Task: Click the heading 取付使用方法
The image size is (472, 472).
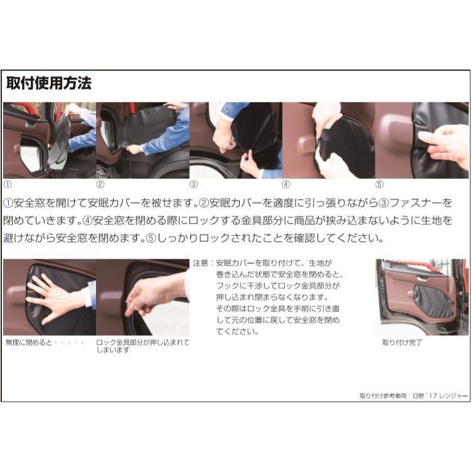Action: click(48, 83)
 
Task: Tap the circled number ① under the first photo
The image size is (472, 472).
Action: click(8, 185)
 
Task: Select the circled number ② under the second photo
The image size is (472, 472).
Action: click(100, 185)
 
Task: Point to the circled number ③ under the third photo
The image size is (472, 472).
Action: click(194, 185)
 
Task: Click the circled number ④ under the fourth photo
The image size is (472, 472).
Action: click(286, 185)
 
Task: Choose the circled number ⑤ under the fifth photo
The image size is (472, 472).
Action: click(379, 185)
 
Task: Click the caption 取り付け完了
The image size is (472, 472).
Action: click(402, 343)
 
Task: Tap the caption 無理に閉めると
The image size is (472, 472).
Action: click(31, 343)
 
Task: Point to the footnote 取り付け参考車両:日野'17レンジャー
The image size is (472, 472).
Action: click(414, 395)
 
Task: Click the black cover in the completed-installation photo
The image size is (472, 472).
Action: click(433, 302)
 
